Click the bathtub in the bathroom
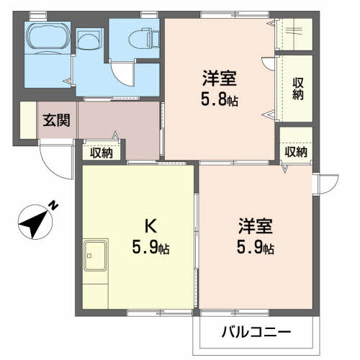point(48,38)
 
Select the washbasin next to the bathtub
point(89,40)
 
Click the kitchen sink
point(95,255)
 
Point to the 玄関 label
point(56,120)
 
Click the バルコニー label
point(256,332)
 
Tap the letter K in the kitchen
point(150,226)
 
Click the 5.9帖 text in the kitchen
point(150,247)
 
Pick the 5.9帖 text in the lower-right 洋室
point(256,247)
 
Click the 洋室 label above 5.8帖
point(220,78)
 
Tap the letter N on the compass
point(53,205)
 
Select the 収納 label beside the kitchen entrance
point(102,153)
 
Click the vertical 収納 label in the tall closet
point(297,89)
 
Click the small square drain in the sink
point(89,256)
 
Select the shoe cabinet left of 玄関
point(28,120)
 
